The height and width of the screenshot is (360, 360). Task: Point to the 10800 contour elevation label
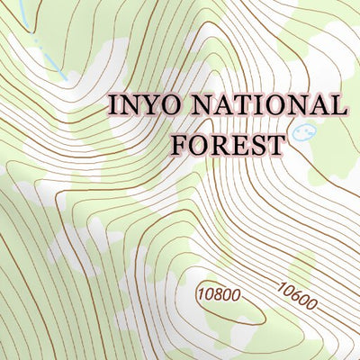219,292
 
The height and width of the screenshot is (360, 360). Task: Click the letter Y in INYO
146,104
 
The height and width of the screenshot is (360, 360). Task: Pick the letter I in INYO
114,104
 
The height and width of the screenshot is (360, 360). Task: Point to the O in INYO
164,104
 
